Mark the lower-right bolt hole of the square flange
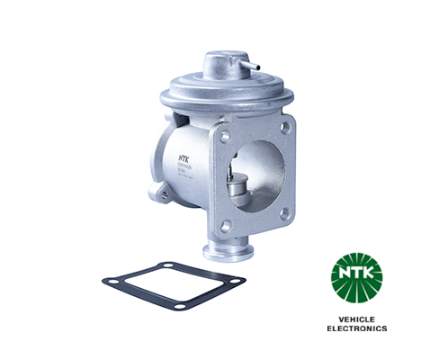pyautogui.click(x=285, y=213)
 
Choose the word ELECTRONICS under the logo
pyautogui.click(x=357, y=328)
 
